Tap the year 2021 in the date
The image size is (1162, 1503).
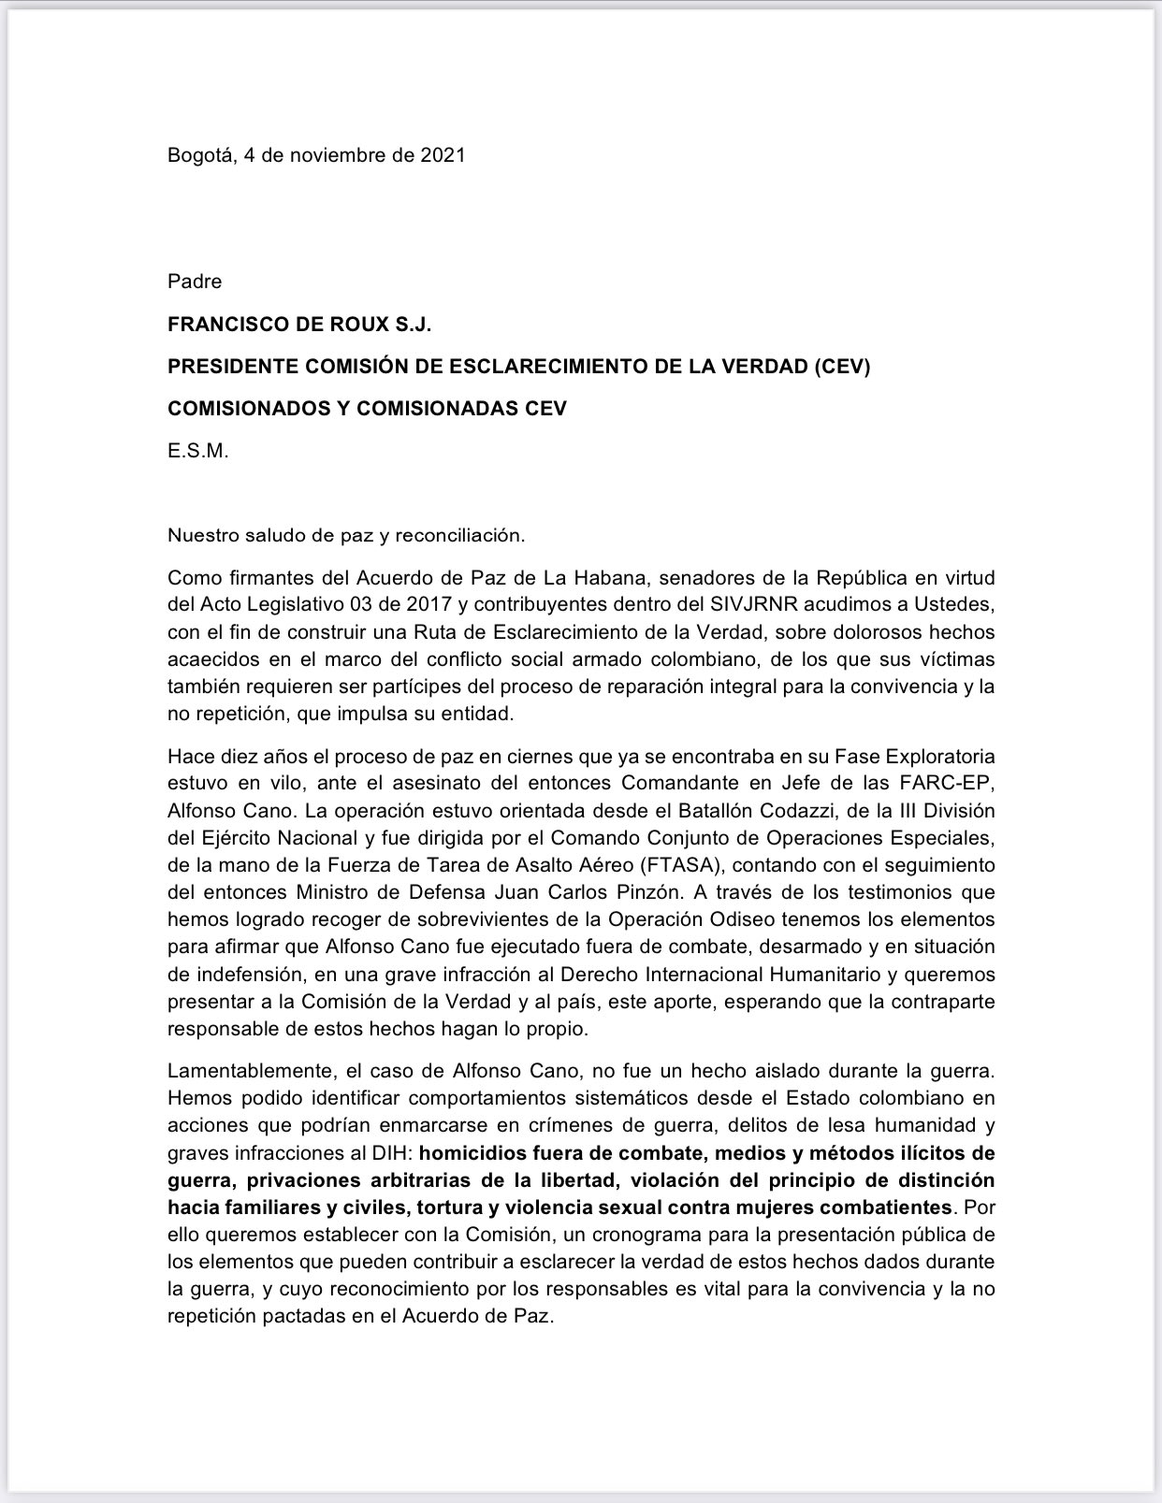click(442, 155)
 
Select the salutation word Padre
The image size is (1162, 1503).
click(195, 282)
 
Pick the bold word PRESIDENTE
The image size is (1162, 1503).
click(232, 367)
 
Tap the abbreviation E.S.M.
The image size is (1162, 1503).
click(197, 451)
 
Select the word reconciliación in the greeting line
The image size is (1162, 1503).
click(459, 536)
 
